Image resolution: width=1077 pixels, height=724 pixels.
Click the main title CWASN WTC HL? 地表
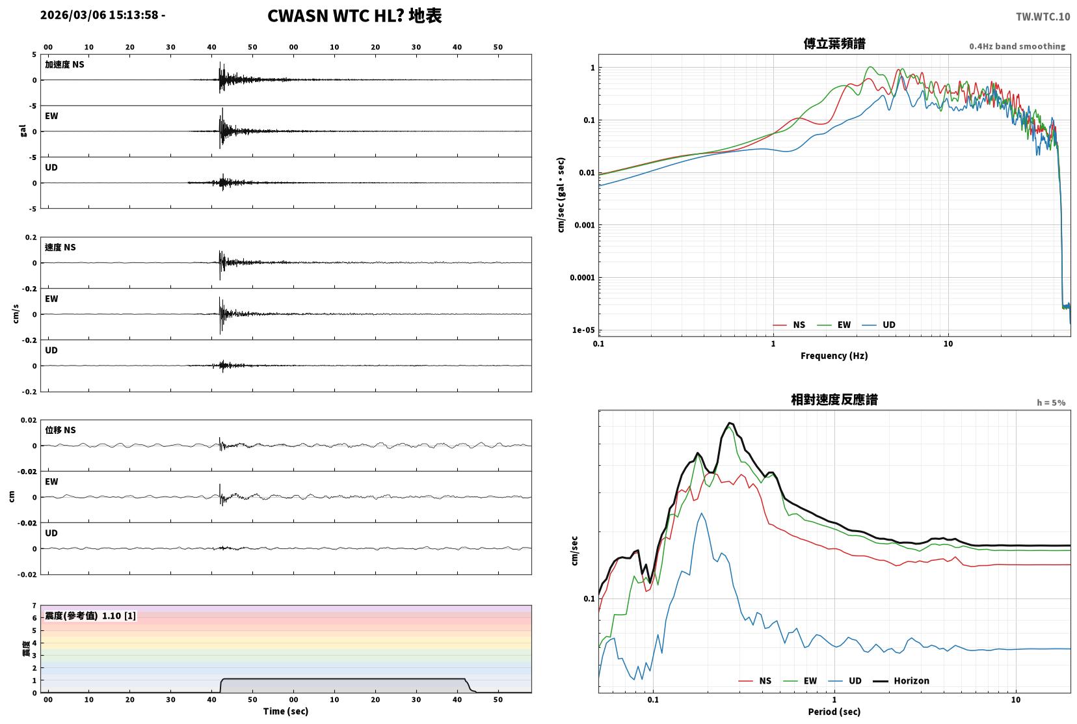click(x=354, y=16)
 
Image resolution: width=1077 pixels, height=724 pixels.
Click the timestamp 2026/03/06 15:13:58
click(x=100, y=15)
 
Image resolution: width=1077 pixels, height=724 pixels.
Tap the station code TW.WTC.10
click(x=1043, y=17)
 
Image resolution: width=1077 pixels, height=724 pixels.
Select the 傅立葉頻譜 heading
click(x=834, y=44)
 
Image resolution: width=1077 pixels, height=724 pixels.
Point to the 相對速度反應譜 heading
click(x=834, y=399)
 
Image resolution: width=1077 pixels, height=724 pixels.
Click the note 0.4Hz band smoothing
click(x=1017, y=47)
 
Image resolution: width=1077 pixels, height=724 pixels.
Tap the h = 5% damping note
click(x=1051, y=403)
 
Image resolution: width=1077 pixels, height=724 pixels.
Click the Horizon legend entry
click(x=901, y=680)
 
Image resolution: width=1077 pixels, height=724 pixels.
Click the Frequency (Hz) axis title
click(x=834, y=356)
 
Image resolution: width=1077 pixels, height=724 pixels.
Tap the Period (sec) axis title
click(x=834, y=712)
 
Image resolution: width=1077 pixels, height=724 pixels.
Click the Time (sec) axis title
click(x=286, y=711)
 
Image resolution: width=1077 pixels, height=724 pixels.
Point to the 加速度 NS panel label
click(x=64, y=64)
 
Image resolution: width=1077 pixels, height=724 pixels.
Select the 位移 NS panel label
click(x=60, y=430)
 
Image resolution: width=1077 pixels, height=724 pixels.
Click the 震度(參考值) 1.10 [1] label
click(x=90, y=616)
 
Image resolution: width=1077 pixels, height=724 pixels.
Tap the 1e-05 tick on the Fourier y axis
click(x=583, y=330)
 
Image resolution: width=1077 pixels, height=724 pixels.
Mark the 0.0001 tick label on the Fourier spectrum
click(x=582, y=277)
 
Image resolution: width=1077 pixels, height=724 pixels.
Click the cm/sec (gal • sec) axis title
click(x=561, y=195)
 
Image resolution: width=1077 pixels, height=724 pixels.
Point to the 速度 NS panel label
click(x=60, y=247)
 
